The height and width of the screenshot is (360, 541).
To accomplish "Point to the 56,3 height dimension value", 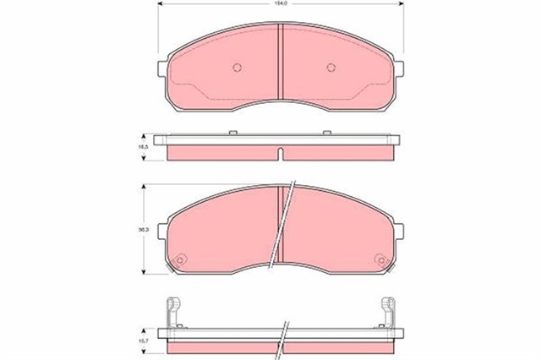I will pos(145,229).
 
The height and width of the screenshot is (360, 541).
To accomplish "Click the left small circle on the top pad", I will pos(238,68).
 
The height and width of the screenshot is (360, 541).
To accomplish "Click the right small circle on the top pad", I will pos(324,68).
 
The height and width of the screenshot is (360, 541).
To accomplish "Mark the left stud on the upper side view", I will pos(231,132).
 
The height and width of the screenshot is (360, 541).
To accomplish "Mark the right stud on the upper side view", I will pos(327,132).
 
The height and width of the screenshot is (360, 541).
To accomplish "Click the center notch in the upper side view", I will pos(279,153).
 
